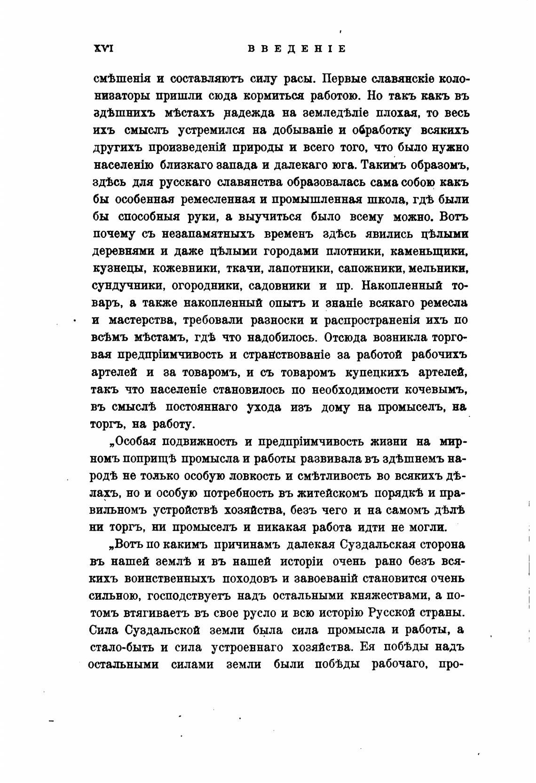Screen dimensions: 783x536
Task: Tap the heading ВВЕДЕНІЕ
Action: click(296, 49)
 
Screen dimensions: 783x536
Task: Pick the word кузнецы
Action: click(115, 269)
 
